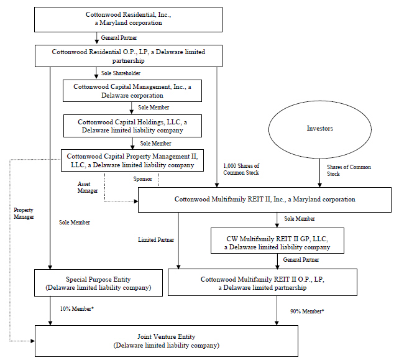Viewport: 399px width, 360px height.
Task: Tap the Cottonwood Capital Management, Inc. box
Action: [x=132, y=91]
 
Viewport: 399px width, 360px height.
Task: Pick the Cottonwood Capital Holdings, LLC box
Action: [x=132, y=126]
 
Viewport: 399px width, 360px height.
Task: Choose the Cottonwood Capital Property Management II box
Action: [x=132, y=161]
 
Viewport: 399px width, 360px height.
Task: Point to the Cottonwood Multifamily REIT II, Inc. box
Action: [x=265, y=200]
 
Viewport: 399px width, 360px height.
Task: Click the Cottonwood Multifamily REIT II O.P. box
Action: [x=263, y=284]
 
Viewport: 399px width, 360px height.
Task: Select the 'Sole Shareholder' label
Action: [x=121, y=73]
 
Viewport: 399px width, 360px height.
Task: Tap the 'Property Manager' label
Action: [x=24, y=213]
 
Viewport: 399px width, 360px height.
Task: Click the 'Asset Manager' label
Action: [x=87, y=188]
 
